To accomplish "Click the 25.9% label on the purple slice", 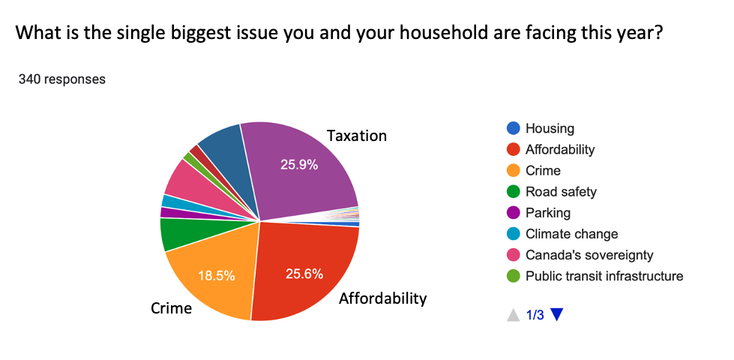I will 299,165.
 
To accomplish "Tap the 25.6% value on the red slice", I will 304,274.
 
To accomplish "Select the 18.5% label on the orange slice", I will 217,275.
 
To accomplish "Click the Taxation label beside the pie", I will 357,136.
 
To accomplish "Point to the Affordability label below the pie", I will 382,298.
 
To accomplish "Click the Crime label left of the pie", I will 172,308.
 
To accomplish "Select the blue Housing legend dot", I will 513,128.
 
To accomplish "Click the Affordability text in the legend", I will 560,149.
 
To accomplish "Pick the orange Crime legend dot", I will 513,170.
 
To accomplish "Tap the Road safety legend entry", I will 561,191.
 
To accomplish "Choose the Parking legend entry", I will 547,212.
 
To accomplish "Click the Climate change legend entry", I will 571,234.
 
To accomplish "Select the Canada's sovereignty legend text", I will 589,255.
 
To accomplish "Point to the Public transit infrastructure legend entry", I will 604,276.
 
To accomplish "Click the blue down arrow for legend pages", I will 556,315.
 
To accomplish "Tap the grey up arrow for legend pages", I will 513,315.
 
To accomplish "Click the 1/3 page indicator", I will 535,315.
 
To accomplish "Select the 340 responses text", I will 62,79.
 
